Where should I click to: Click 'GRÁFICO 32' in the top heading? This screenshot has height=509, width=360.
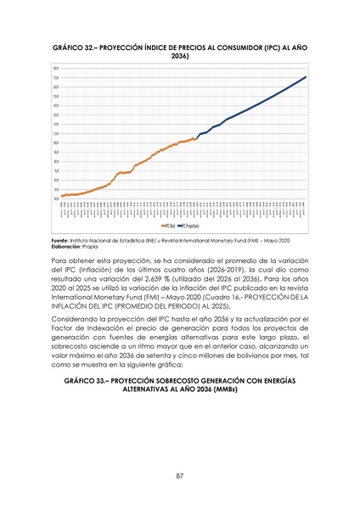[76, 46]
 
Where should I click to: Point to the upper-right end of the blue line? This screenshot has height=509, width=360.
[306, 77]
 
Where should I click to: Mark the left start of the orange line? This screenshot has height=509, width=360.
[61, 196]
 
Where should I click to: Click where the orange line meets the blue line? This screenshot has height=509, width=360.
[197, 138]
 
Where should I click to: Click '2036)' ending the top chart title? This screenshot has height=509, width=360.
[180, 55]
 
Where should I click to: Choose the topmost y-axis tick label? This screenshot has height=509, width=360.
[55, 68]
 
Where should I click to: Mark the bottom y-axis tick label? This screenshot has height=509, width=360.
[55, 199]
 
